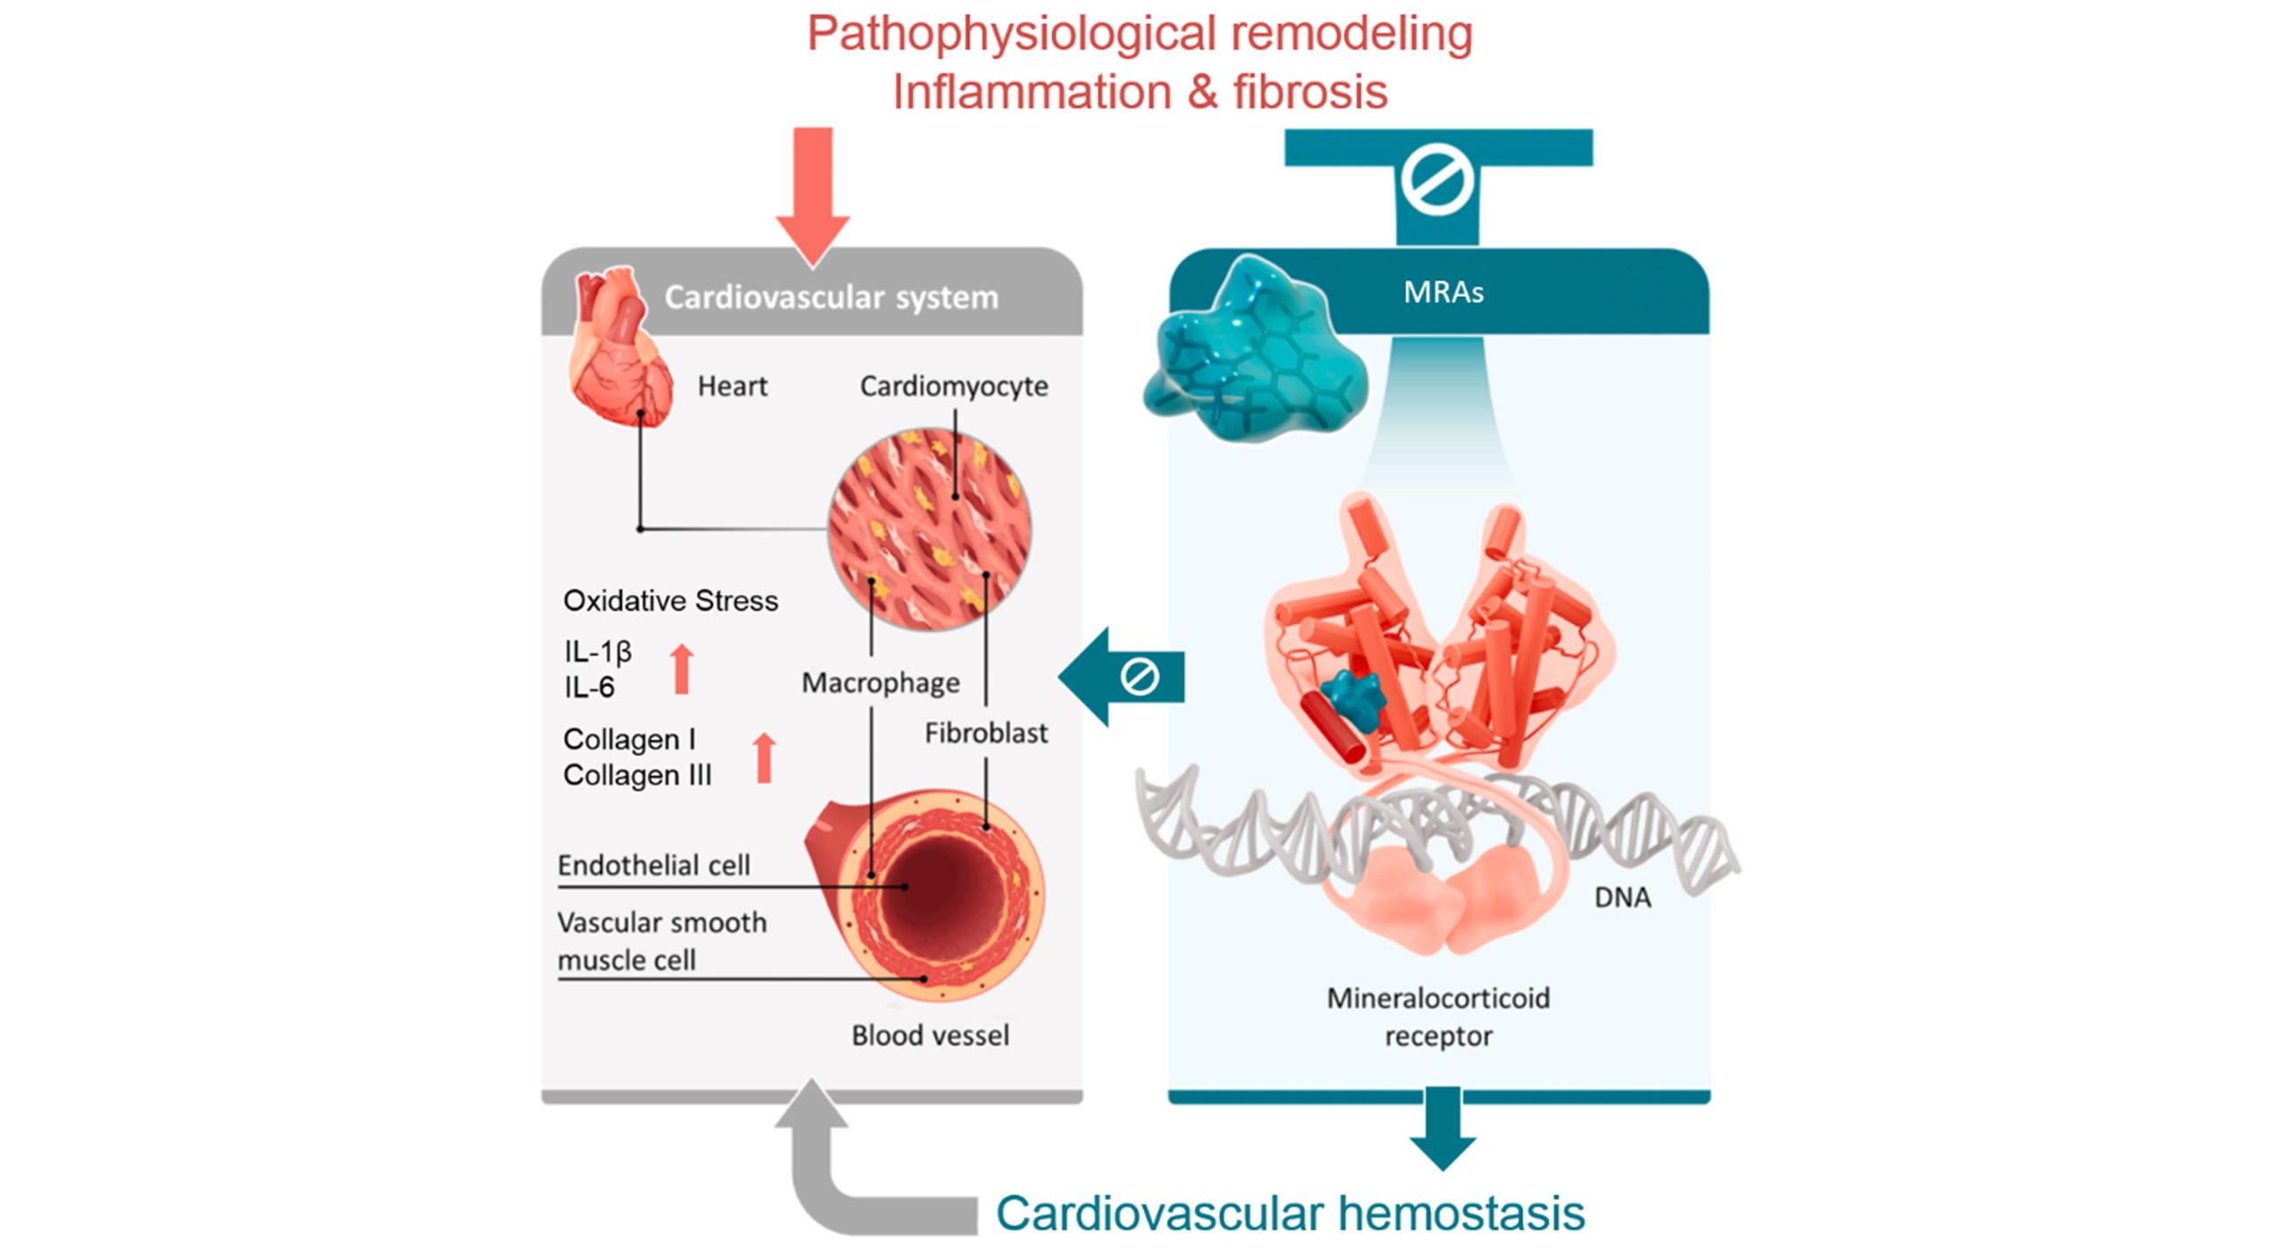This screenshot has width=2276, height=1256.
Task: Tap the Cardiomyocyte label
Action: (953, 386)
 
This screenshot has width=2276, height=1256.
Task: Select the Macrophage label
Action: (880, 683)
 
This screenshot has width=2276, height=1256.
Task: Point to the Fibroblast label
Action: (986, 733)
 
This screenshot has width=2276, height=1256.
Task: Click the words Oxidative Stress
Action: (670, 601)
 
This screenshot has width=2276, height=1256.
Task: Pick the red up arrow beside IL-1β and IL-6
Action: (681, 669)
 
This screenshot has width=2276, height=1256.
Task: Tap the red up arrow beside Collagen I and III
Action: (763, 758)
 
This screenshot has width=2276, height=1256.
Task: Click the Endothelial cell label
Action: (653, 865)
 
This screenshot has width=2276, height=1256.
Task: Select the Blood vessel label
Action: (930, 1035)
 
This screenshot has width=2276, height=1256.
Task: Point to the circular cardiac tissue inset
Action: (929, 529)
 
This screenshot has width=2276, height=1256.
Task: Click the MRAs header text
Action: (1443, 293)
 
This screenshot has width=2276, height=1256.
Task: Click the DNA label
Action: (1622, 898)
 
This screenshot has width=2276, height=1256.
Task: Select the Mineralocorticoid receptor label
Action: (1438, 1017)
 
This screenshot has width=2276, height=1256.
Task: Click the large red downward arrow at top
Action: (812, 195)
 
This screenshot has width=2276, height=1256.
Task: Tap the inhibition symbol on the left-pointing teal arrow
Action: (1139, 677)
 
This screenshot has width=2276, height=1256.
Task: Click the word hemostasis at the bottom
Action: (1461, 1213)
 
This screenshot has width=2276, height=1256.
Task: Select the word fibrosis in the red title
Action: (1310, 92)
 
